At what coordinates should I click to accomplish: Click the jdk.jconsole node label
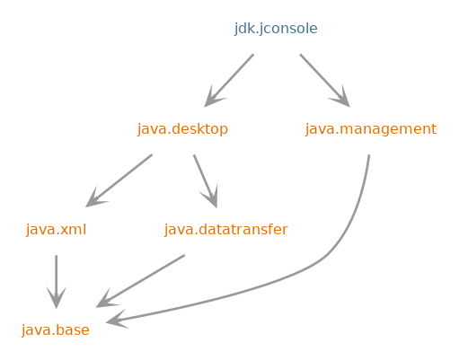pos(276,29)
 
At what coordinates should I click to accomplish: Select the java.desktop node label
pos(182,129)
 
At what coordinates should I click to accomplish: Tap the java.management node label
pos(371,129)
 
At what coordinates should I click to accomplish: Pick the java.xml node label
pos(56,230)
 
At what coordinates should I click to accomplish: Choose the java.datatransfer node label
pos(226,230)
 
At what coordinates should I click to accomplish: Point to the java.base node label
pos(56,330)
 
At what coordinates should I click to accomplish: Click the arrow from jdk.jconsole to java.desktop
pos(229,81)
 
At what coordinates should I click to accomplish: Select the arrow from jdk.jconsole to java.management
pos(325,81)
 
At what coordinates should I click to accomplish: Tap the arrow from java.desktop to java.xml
pos(119,180)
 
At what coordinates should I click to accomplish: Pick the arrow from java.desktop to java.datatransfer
pos(206,181)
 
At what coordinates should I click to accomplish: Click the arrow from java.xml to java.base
pos(56,282)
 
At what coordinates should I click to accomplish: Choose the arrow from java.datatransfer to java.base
pos(140,281)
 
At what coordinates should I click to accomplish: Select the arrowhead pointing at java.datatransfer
pos(211,198)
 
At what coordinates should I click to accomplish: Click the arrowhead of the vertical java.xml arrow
pos(56,298)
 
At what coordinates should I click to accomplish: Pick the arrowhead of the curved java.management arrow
pos(116,320)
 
